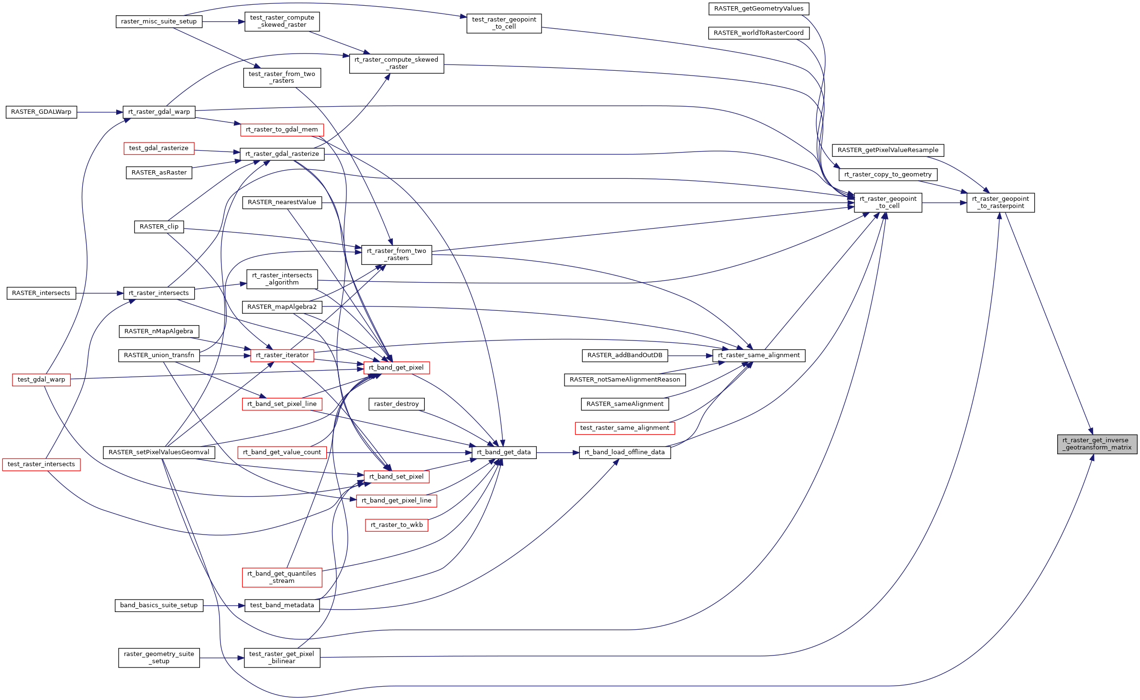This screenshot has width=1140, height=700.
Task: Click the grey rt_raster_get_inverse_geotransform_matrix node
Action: click(x=1097, y=444)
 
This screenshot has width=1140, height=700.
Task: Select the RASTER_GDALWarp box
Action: click(x=41, y=112)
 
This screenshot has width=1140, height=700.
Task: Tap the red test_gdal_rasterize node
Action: click(x=159, y=148)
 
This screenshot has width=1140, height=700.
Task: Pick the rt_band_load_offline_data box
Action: click(x=625, y=452)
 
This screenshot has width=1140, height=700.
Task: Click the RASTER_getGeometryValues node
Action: click(x=759, y=9)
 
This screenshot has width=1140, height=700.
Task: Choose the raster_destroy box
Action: click(x=396, y=404)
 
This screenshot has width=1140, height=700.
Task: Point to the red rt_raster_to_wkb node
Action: click(x=397, y=525)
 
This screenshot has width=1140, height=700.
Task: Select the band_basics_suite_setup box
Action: click(x=159, y=605)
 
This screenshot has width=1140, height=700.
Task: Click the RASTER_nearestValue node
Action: click(x=282, y=202)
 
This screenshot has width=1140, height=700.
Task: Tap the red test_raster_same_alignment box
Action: click(x=625, y=428)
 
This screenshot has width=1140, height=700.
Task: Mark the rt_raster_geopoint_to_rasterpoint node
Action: click(x=1000, y=203)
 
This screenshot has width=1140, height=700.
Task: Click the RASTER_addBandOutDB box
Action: click(x=625, y=355)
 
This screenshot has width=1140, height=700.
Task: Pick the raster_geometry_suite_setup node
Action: click(x=159, y=657)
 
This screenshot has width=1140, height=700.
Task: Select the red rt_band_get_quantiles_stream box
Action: click(x=282, y=577)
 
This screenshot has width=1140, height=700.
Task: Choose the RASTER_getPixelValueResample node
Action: click(x=888, y=150)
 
